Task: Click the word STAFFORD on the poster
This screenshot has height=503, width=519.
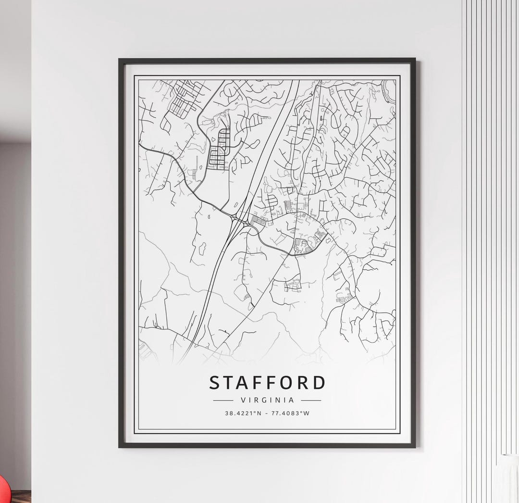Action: pyautogui.click(x=267, y=383)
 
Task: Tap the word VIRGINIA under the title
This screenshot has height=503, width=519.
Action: pyautogui.click(x=267, y=400)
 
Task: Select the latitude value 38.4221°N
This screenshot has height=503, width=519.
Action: pyautogui.click(x=243, y=413)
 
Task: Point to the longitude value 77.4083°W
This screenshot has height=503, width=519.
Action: pyautogui.click(x=291, y=413)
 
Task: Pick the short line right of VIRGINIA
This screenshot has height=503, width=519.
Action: pyautogui.click(x=311, y=400)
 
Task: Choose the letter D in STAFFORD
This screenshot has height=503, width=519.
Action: pyautogui.click(x=319, y=383)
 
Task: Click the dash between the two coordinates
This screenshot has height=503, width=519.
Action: pyautogui.click(x=267, y=413)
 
